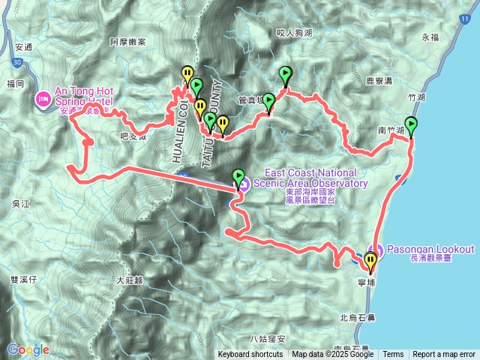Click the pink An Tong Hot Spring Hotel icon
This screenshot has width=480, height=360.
pyautogui.click(x=43, y=98)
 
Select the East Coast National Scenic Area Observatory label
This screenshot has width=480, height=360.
pyautogui.click(x=311, y=182)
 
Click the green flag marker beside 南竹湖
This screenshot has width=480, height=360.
pyautogui.click(x=411, y=125)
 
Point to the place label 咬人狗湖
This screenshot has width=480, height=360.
pyautogui.click(x=293, y=33)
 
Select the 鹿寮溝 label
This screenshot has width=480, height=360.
pyautogui.click(x=379, y=79)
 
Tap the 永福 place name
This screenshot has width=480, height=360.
pyautogui.click(x=429, y=37)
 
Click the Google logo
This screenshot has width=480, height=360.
pyautogui.click(x=28, y=349)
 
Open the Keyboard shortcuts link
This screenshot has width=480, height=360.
pyautogui.click(x=250, y=355)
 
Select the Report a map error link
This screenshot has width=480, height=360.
pyautogui.click(x=444, y=355)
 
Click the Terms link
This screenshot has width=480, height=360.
pyautogui.click(x=393, y=355)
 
